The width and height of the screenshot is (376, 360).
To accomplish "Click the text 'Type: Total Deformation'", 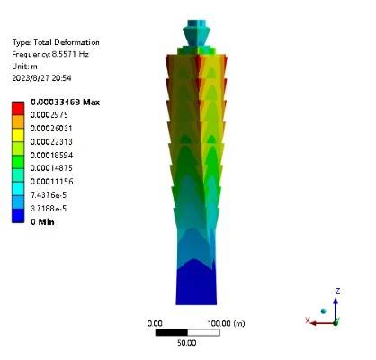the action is click(56, 42).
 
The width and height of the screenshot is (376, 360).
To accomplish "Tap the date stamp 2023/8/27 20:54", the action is click(41, 78).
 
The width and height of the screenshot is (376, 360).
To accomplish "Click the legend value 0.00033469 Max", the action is click(65, 103).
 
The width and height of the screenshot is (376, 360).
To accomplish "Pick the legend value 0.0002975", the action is click(49, 115).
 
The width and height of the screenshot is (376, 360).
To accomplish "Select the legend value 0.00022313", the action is click(51, 141).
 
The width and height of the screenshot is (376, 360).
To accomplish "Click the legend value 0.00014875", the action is click(51, 168).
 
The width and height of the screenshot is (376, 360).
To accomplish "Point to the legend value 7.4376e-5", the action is click(49, 195).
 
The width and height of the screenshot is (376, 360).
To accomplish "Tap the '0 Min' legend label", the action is click(42, 222).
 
